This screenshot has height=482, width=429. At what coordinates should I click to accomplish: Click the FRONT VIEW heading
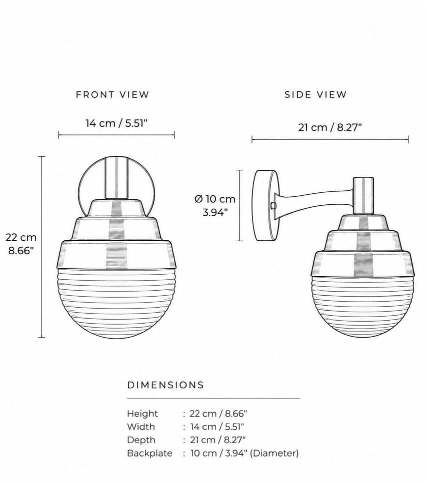pos(112,95)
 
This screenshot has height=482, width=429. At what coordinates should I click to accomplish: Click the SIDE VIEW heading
pos(315,95)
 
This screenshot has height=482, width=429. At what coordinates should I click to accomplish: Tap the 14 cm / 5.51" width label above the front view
pos(116,123)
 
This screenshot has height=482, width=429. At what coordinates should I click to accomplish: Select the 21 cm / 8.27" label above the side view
pos(329,127)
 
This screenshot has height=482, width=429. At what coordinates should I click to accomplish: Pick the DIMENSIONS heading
pos(165,385)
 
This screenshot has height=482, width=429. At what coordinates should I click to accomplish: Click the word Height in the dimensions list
pos(142,414)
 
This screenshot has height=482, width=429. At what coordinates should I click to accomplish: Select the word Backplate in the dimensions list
pos(149,454)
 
